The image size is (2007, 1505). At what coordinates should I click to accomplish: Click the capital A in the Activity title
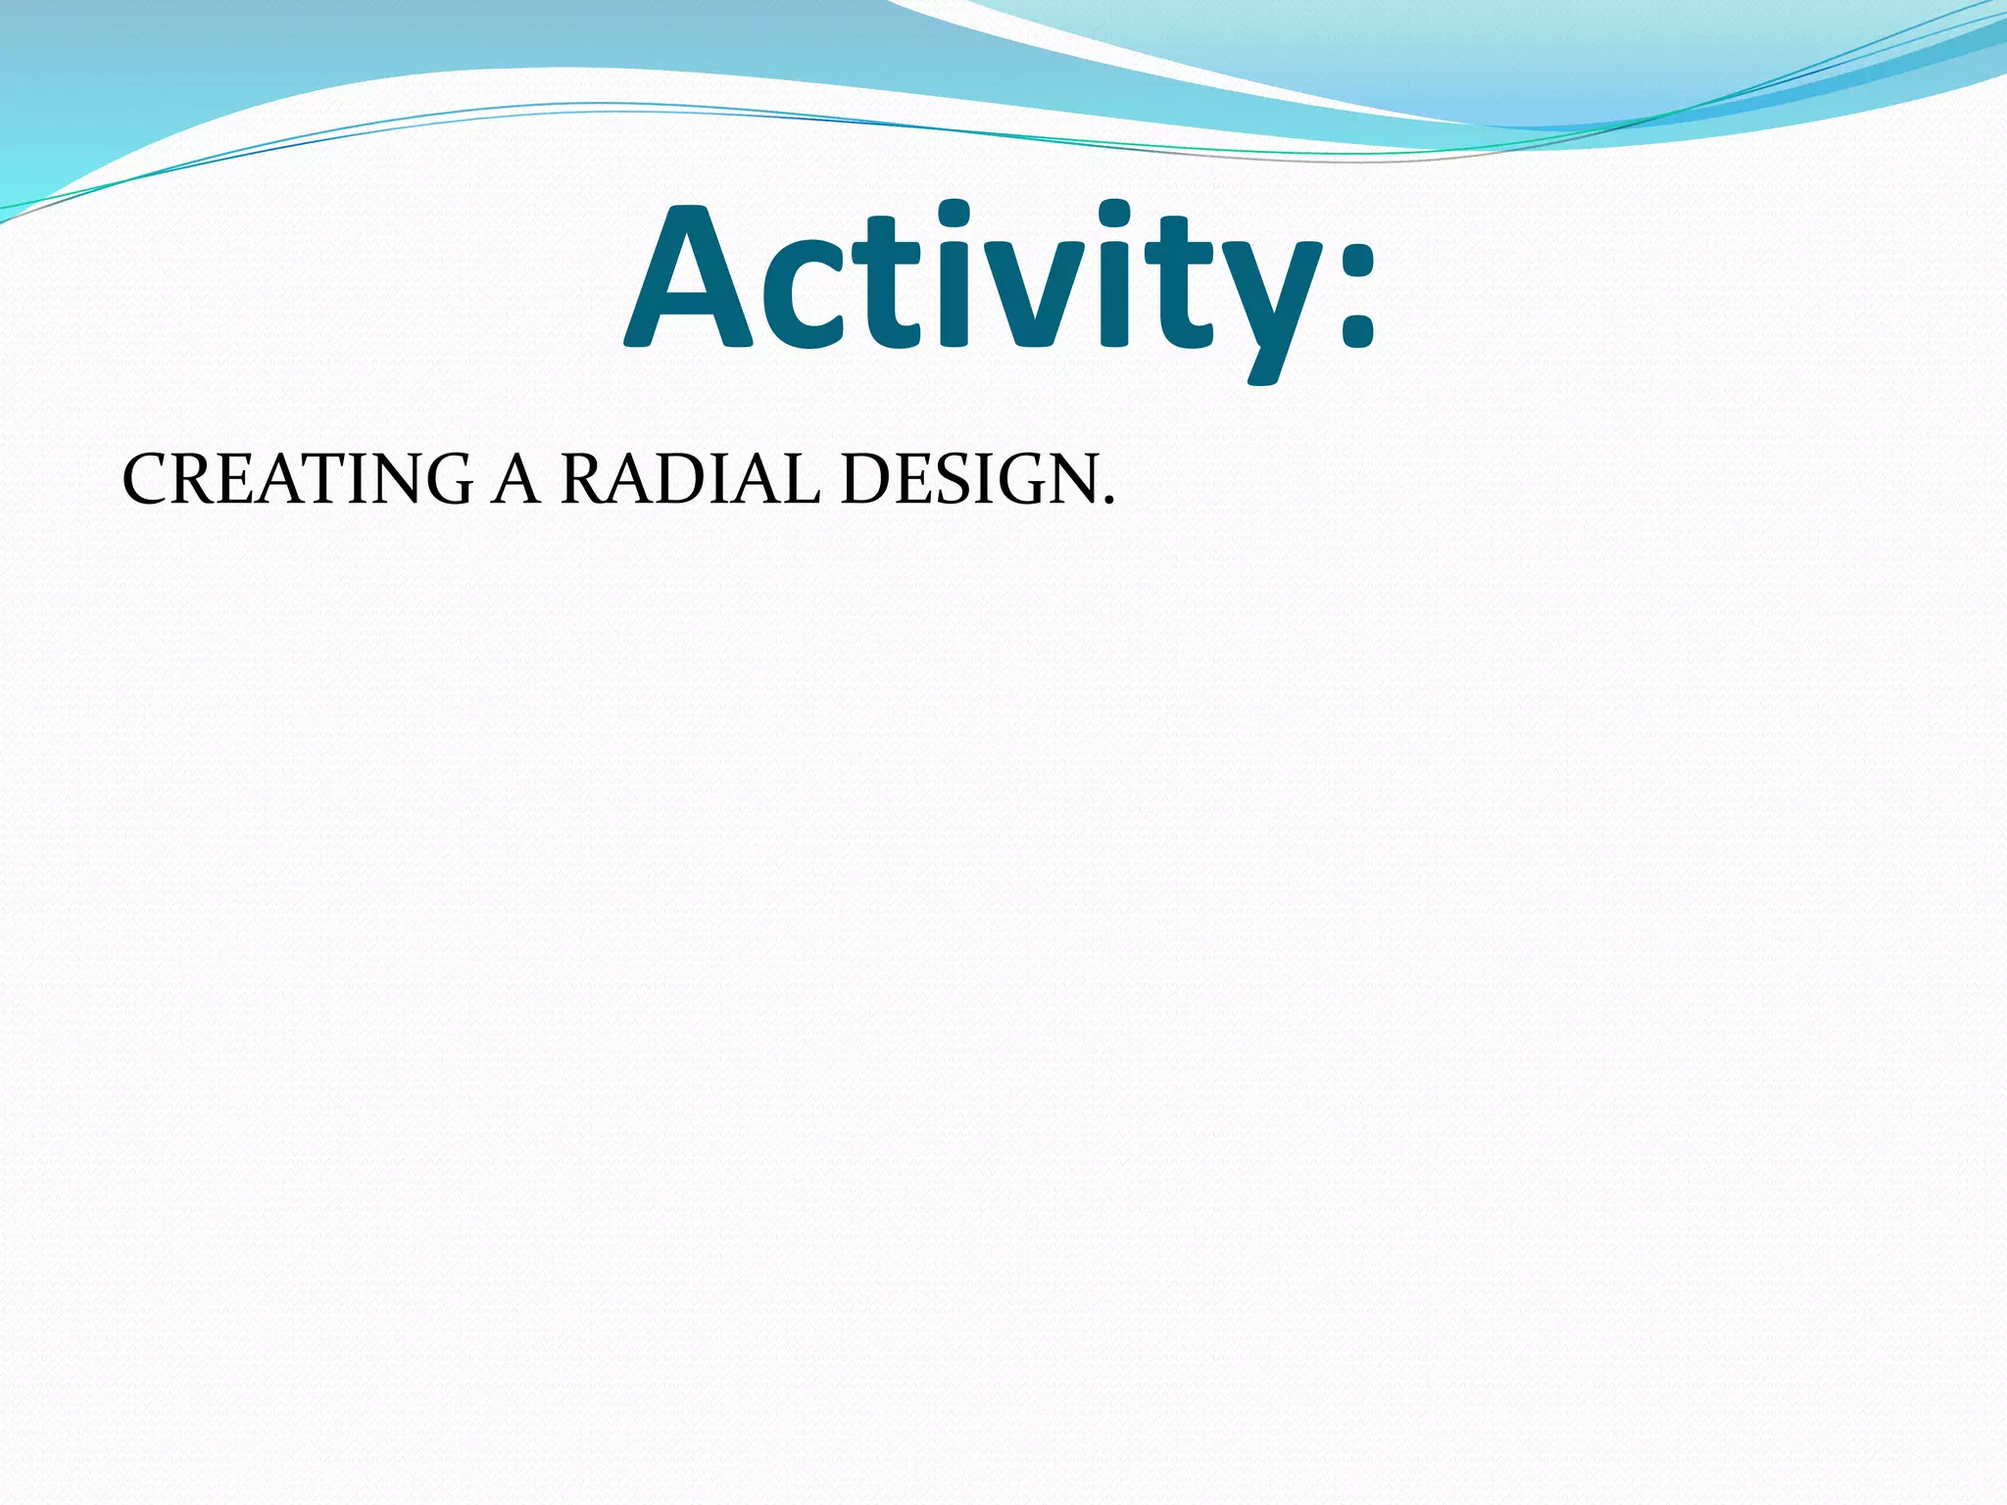(688, 279)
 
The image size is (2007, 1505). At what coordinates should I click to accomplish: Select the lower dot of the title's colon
(1356, 334)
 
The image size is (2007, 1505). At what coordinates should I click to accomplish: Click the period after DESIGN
(1108, 501)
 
